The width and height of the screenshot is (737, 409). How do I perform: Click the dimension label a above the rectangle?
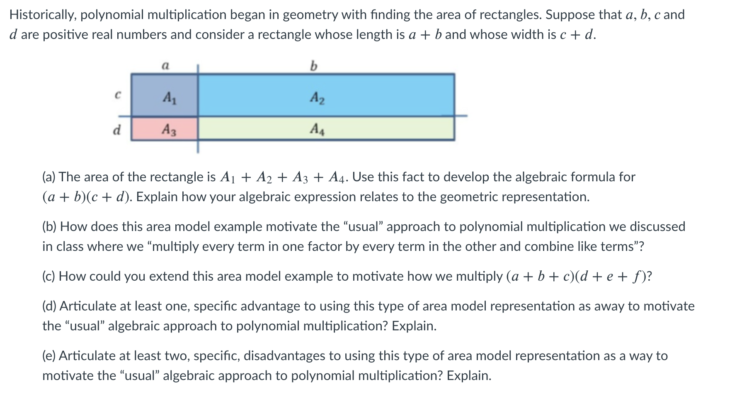point(165,65)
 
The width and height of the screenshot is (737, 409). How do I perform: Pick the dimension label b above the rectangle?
point(313,65)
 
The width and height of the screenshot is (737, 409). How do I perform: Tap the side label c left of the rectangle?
point(118,95)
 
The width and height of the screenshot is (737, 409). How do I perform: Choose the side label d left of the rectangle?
point(117,130)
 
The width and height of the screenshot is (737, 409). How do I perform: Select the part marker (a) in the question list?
point(50,177)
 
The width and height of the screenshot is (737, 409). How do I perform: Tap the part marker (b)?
point(50,227)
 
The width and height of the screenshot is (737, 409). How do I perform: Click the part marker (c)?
point(50,277)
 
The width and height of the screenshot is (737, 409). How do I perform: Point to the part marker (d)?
point(50,306)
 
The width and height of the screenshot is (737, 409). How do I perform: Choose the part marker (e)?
point(50,356)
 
